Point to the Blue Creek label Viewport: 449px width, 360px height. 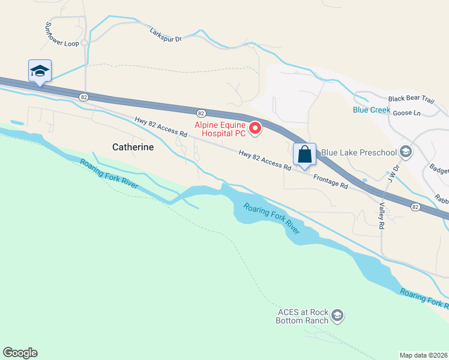372,110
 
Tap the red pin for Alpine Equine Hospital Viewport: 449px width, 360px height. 256,128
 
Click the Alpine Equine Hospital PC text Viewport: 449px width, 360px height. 220,129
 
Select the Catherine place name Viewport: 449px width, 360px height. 133,146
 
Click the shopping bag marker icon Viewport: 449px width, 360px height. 305,154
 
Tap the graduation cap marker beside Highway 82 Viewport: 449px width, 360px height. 40,71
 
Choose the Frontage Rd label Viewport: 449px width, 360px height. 330,182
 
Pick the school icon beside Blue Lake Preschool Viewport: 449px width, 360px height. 406,152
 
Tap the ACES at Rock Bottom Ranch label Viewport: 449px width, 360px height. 303,316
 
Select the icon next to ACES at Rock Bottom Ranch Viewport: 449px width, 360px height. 337,315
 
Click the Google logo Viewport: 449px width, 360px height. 20,353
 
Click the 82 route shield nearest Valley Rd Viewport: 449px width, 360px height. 415,206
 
